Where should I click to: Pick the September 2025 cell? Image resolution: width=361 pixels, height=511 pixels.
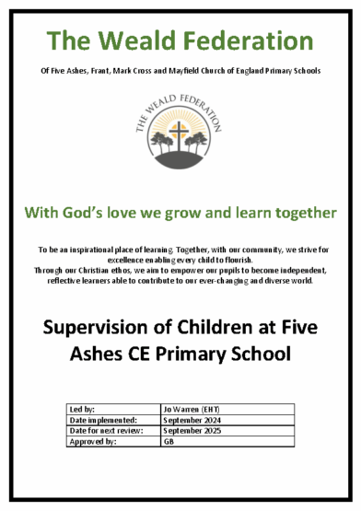coord(192,430)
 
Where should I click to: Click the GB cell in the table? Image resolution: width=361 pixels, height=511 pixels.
coord(169,442)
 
